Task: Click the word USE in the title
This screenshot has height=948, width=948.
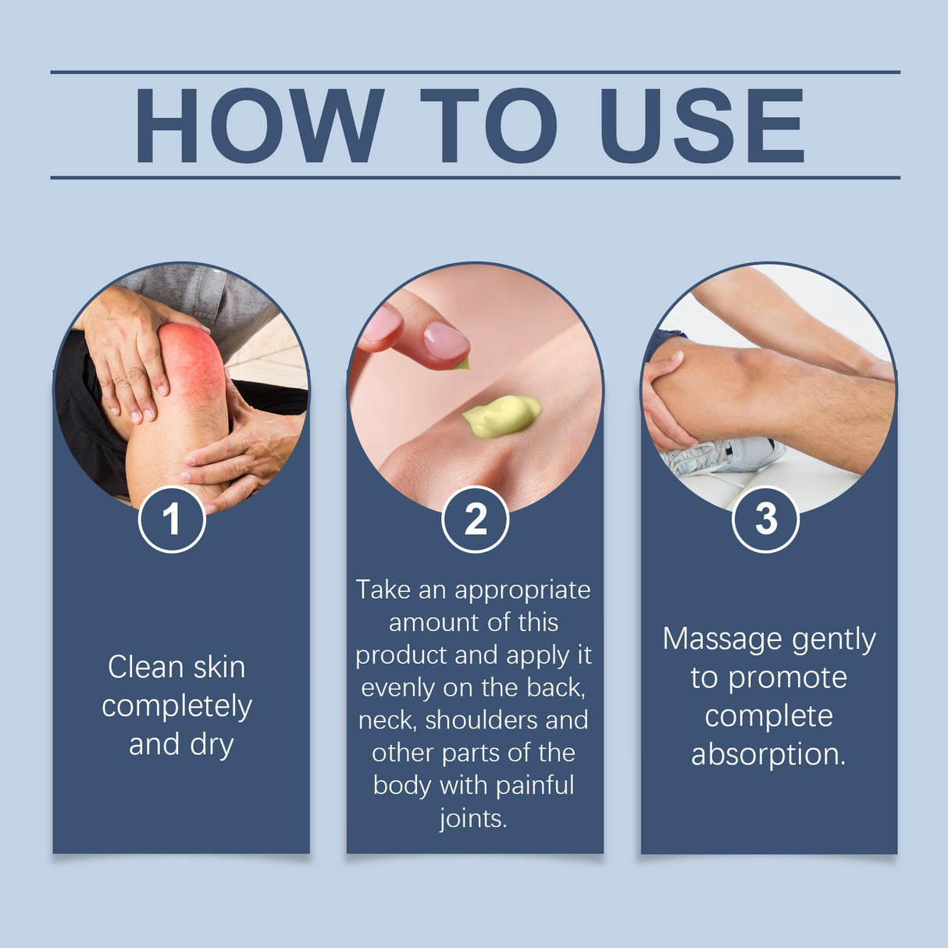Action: [701, 126]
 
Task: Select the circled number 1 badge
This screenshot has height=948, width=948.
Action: [172, 519]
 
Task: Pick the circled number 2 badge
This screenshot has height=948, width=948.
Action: [475, 519]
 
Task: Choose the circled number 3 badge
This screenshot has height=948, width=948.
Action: [765, 519]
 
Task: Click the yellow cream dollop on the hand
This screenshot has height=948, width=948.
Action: [501, 415]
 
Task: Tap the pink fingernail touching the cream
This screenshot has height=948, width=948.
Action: [445, 342]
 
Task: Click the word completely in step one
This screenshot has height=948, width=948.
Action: [177, 707]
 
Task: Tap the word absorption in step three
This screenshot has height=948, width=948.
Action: [768, 754]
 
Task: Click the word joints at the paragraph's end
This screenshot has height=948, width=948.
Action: [472, 818]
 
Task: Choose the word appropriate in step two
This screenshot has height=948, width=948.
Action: [522, 590]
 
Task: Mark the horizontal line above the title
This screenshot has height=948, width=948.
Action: [475, 72]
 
